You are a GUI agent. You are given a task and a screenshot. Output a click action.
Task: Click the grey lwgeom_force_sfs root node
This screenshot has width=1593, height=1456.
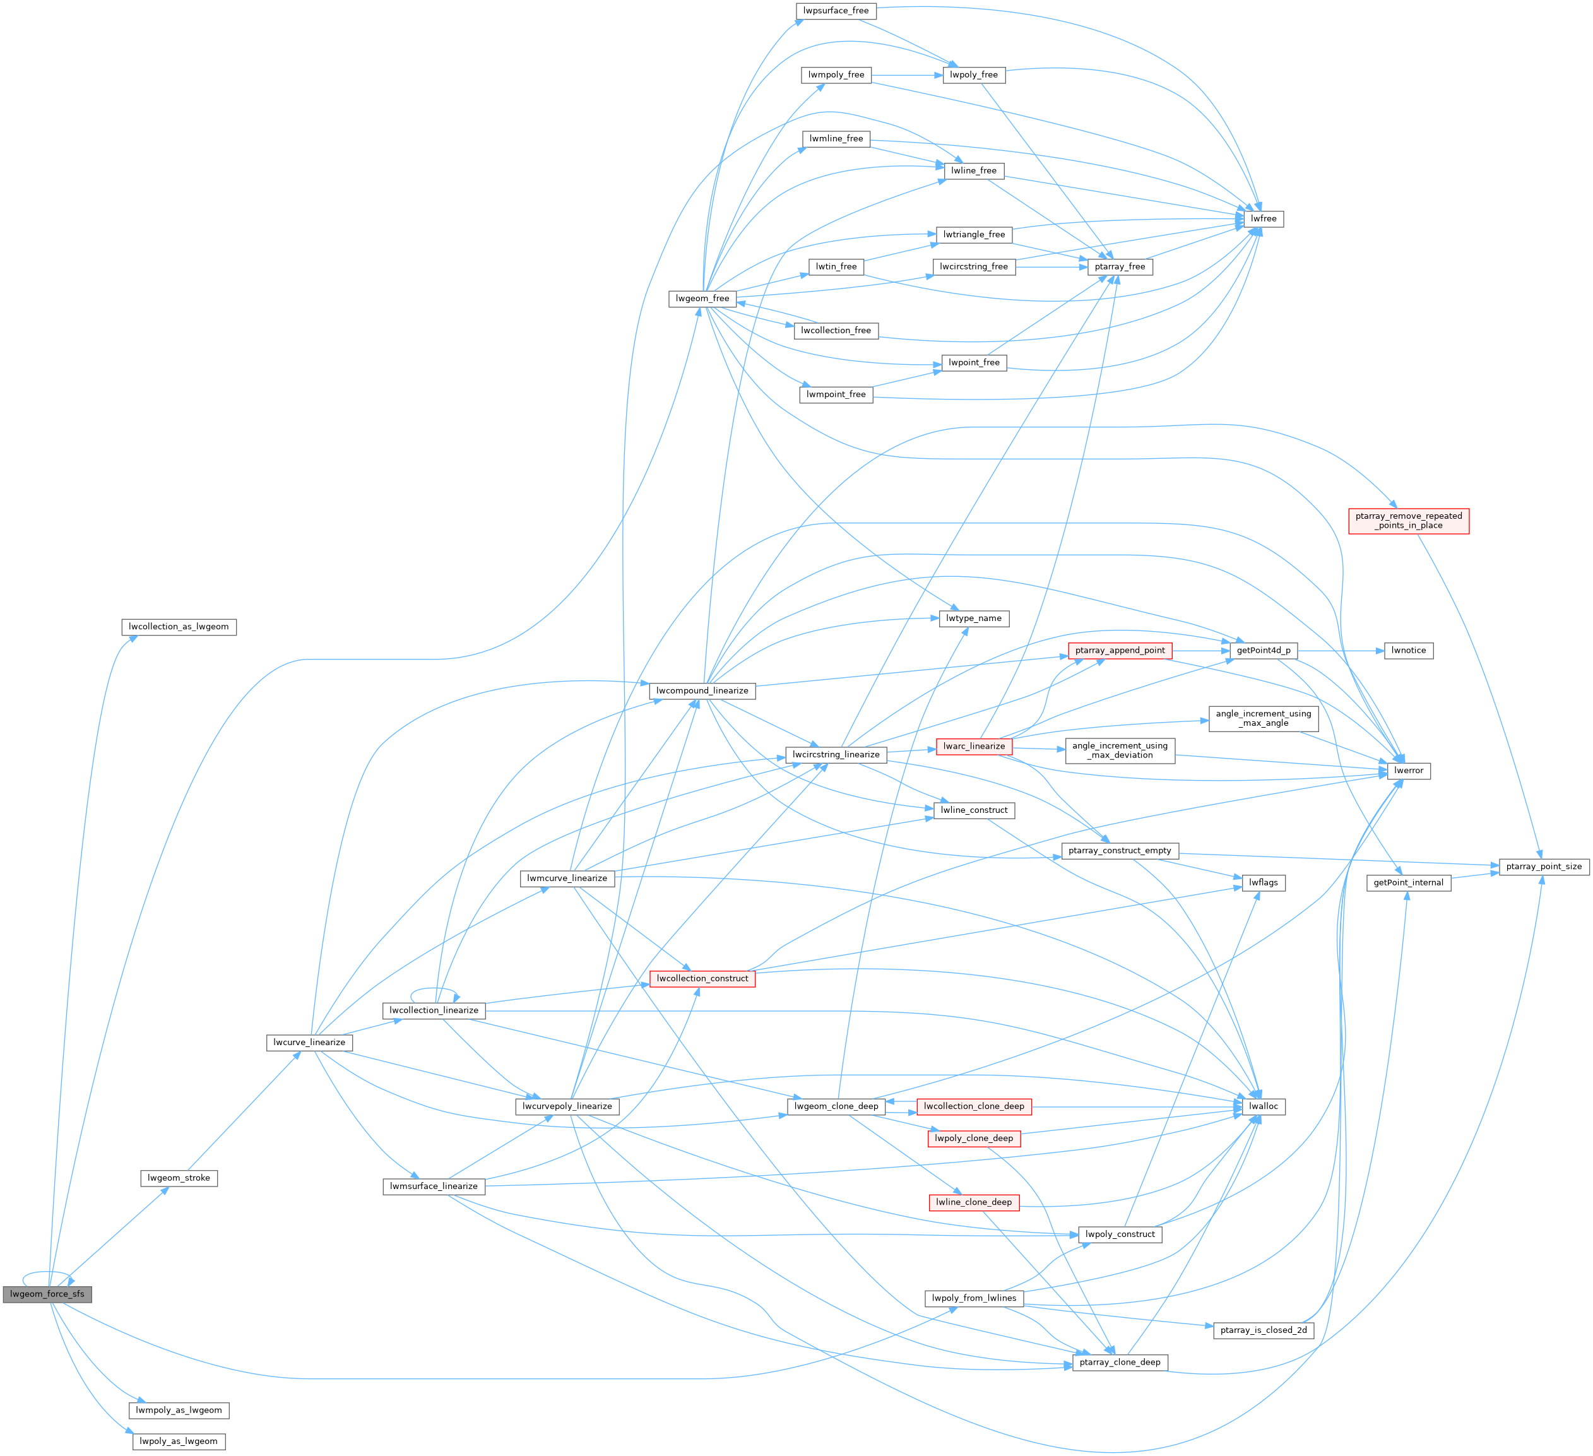pyautogui.click(x=47, y=1294)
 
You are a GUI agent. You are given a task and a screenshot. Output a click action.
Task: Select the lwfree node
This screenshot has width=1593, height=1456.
pyautogui.click(x=1263, y=219)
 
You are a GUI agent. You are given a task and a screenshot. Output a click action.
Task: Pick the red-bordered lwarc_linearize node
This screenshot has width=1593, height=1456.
pyautogui.click(x=973, y=747)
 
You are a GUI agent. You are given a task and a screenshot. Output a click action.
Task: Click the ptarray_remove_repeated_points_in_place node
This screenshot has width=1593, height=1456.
pyautogui.click(x=1408, y=521)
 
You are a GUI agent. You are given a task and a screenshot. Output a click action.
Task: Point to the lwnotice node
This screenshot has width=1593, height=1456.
pyautogui.click(x=1408, y=651)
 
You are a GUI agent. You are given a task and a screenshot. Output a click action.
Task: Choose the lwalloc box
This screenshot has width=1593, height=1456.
pyautogui.click(x=1263, y=1106)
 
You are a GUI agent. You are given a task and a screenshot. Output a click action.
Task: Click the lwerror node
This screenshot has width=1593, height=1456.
pyautogui.click(x=1408, y=770)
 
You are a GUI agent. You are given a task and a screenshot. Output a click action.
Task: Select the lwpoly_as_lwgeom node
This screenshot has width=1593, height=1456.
pyautogui.click(x=179, y=1441)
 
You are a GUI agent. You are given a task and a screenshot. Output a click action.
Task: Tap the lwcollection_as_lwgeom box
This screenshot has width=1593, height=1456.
pyautogui.click(x=179, y=627)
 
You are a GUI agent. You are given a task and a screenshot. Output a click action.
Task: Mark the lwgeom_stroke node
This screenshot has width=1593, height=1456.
pyautogui.click(x=179, y=1178)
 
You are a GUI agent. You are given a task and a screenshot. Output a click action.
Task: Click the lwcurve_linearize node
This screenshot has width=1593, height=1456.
pyautogui.click(x=309, y=1042)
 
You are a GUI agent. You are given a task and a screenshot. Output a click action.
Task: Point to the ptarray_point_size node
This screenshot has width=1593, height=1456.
pyautogui.click(x=1543, y=867)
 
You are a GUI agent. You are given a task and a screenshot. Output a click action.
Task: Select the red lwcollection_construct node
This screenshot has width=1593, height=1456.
pyautogui.click(x=702, y=979)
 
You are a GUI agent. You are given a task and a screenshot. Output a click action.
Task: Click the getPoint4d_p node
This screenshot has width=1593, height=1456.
pyautogui.click(x=1263, y=651)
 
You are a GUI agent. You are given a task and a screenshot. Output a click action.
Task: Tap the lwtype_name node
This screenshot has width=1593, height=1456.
pyautogui.click(x=973, y=619)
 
